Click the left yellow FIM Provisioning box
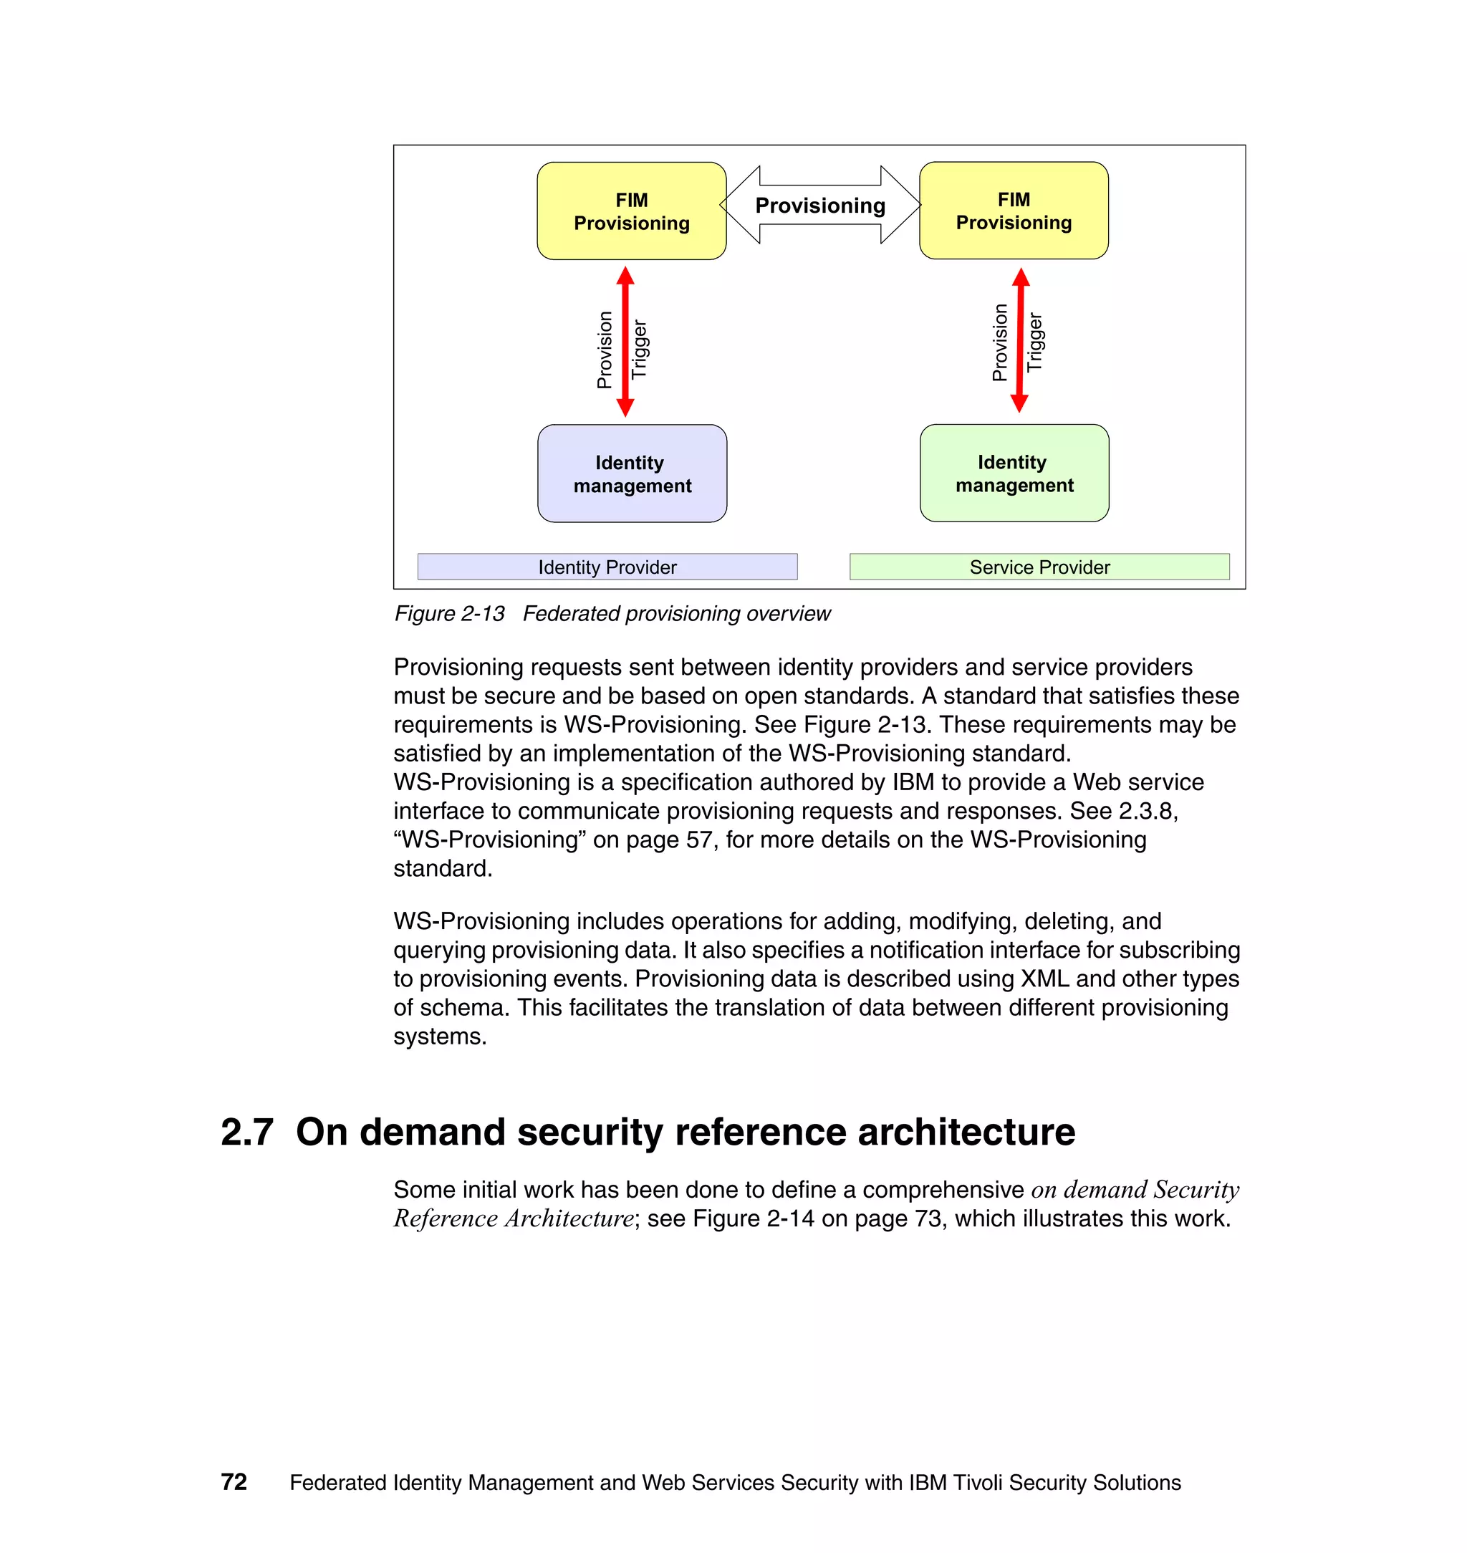pyautogui.click(x=631, y=211)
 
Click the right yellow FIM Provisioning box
pyautogui.click(x=1014, y=211)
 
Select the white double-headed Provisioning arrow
pyautogui.click(x=819, y=205)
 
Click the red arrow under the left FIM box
pyautogui.click(x=625, y=342)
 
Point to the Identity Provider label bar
pyautogui.click(x=607, y=567)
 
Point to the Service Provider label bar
pyautogui.click(x=1039, y=567)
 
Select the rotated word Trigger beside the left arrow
pyautogui.click(x=640, y=349)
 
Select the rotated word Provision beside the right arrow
pyautogui.click(x=999, y=342)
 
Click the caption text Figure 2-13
pyautogui.click(x=449, y=614)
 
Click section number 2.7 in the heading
pyautogui.click(x=247, y=1133)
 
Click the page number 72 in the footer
pyautogui.click(x=234, y=1483)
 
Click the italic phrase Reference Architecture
pyautogui.click(x=513, y=1219)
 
